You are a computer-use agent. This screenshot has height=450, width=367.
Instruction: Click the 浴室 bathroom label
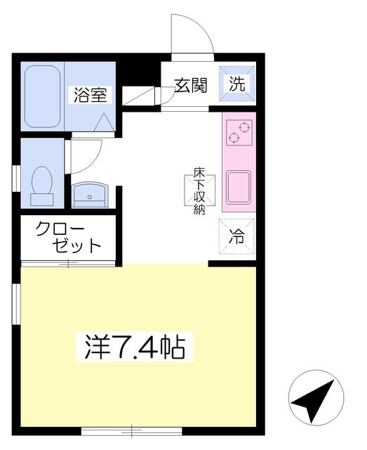coord(91,95)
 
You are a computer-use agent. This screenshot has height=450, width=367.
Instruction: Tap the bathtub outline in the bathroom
coord(42,96)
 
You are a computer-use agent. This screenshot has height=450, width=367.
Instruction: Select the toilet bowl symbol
coord(42,186)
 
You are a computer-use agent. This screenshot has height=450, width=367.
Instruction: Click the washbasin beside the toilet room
coord(90,195)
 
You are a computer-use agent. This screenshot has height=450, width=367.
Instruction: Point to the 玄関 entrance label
coord(191,86)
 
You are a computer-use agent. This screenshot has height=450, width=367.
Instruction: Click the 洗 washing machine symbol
coord(237,84)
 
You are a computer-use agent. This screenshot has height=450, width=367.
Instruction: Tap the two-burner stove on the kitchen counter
coord(239,132)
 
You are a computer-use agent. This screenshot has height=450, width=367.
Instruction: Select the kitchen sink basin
coord(239,187)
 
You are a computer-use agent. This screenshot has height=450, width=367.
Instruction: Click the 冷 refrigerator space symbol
coord(236,236)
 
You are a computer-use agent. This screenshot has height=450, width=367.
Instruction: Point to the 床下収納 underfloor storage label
coord(199,191)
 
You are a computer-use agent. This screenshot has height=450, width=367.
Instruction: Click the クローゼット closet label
coord(68,237)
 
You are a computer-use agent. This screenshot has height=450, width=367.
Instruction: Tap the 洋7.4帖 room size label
coord(135,347)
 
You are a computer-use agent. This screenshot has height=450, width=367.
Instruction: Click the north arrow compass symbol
coord(316,397)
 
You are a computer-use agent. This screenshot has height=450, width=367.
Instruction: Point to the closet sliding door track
coord(68,264)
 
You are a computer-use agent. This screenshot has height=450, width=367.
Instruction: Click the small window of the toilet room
coord(16,178)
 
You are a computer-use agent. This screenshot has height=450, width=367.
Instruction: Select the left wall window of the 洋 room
coord(16,304)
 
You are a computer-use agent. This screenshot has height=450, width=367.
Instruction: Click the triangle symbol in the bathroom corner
coord(105,122)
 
